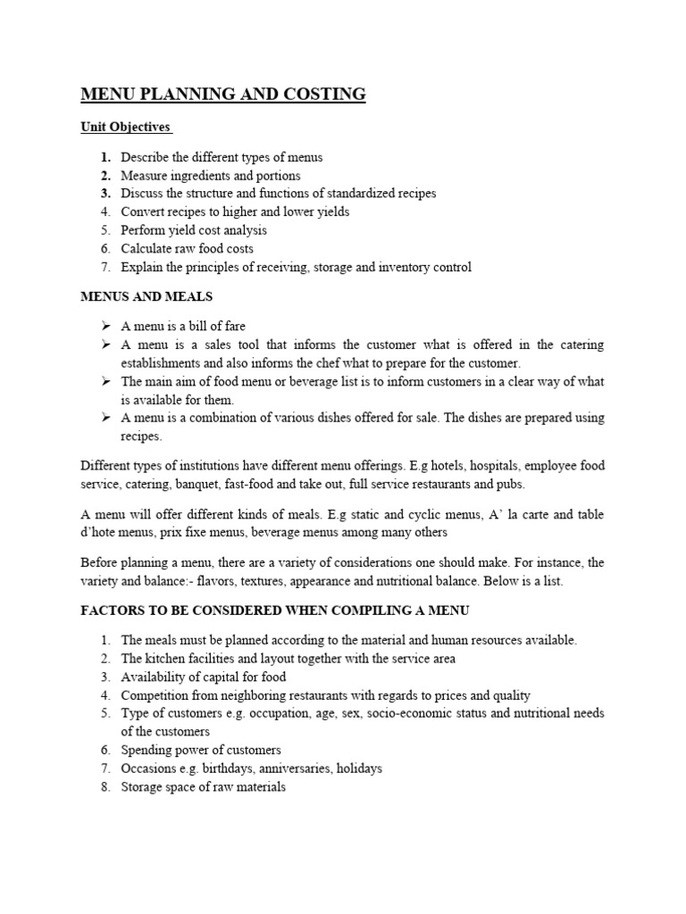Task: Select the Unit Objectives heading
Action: (x=126, y=128)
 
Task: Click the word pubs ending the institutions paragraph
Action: (x=512, y=485)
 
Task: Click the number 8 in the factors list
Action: (x=105, y=787)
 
